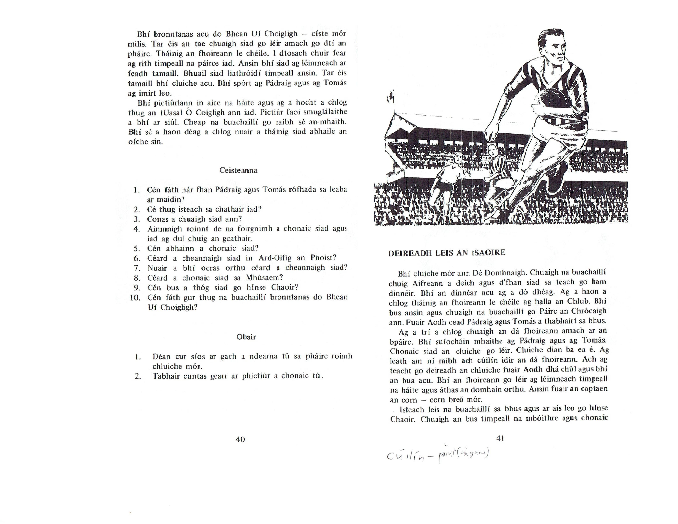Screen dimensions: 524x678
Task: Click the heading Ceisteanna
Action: click(x=238, y=170)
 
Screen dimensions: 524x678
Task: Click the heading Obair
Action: click(x=246, y=337)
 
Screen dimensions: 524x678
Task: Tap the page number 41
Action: click(x=500, y=438)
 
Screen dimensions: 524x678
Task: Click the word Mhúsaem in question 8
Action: click(x=264, y=278)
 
